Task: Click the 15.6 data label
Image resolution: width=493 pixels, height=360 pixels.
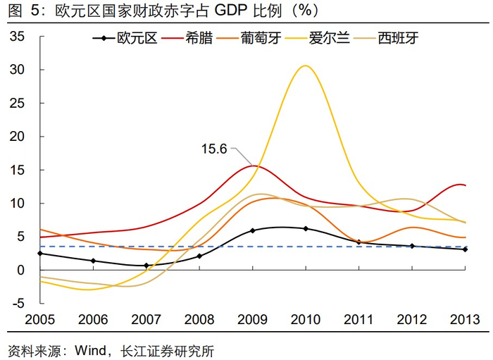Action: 214,149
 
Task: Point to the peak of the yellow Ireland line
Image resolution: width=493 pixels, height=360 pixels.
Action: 305,66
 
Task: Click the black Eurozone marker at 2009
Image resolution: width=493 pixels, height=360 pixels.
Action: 253,230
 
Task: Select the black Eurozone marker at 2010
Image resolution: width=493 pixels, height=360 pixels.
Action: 306,228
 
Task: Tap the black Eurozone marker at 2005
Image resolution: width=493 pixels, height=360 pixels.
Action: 40,253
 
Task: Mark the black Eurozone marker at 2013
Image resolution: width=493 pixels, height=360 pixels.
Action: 465,249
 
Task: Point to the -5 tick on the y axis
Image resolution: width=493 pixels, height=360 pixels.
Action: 17,304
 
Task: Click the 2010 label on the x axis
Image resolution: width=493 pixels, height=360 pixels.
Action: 306,319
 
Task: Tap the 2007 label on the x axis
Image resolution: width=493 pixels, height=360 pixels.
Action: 146,319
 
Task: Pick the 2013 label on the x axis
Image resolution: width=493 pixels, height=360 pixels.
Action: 464,319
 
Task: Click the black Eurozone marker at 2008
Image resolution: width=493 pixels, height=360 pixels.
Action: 199,256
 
